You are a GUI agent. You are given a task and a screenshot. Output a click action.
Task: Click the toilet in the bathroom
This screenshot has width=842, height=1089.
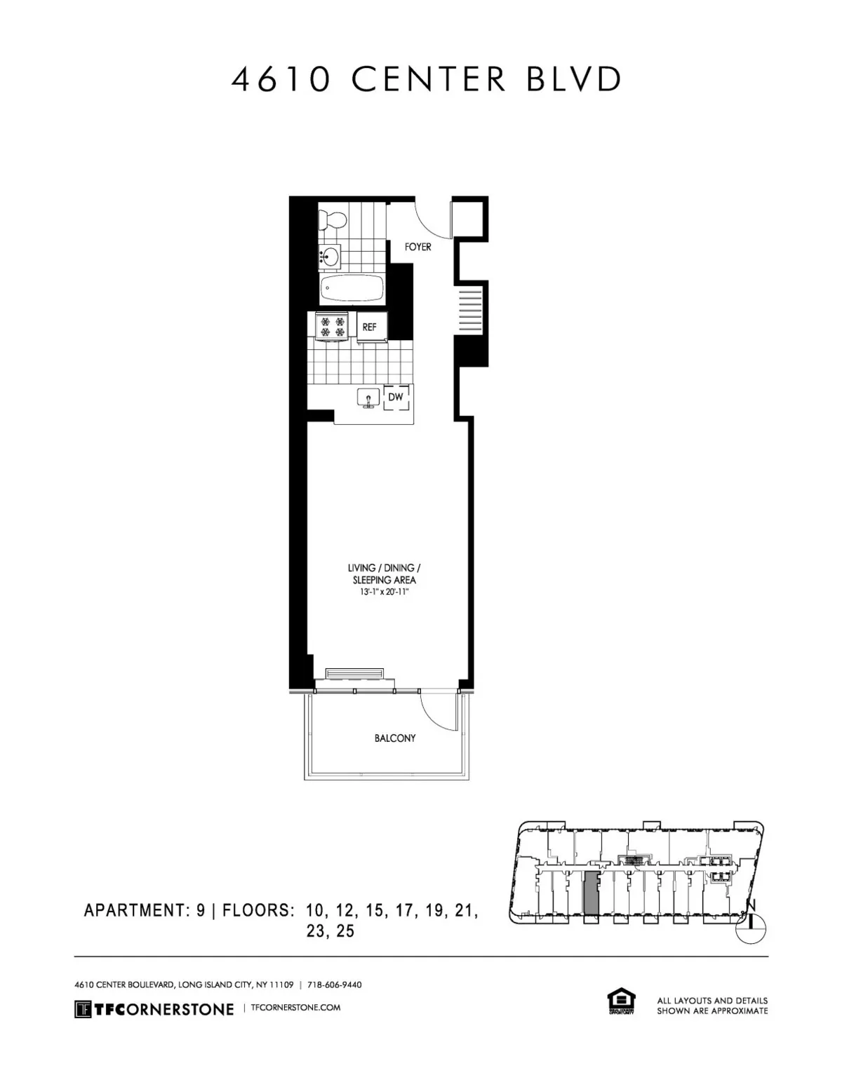pyautogui.click(x=331, y=220)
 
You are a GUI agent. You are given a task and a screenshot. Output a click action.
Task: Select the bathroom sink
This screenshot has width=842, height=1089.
pyautogui.click(x=329, y=257)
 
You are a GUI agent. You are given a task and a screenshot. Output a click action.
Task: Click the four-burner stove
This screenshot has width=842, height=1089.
pyautogui.click(x=331, y=326)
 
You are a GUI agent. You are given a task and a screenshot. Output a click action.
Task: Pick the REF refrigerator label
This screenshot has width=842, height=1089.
pyautogui.click(x=369, y=327)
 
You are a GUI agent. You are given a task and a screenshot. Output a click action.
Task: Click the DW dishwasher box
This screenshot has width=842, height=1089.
pyautogui.click(x=396, y=398)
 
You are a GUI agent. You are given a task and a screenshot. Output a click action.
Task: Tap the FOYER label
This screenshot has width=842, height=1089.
pyautogui.click(x=418, y=247)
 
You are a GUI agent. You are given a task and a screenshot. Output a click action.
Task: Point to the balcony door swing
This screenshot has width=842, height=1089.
pyautogui.click(x=436, y=709)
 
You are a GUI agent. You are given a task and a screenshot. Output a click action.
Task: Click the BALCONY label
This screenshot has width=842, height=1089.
pyautogui.click(x=394, y=738)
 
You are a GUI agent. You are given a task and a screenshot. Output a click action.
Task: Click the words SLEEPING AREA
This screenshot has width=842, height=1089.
pyautogui.click(x=384, y=580)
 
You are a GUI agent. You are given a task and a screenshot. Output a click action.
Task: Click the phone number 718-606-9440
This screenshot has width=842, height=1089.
pyautogui.click(x=335, y=985)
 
